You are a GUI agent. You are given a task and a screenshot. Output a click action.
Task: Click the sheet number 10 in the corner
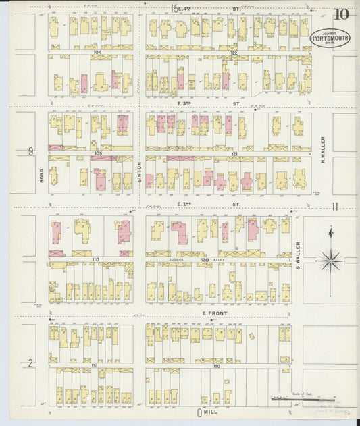pos(341,14)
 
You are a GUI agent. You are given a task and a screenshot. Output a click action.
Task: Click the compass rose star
pos(331,259)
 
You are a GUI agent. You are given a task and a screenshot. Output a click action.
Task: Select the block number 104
pos(97,51)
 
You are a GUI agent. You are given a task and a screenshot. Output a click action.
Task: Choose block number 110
pos(95,259)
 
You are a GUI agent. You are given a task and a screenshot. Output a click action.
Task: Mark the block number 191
pos(95,365)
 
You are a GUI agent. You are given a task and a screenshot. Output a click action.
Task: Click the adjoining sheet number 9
pos(30,152)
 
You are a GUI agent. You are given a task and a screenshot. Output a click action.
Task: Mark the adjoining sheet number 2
pos(30,364)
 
